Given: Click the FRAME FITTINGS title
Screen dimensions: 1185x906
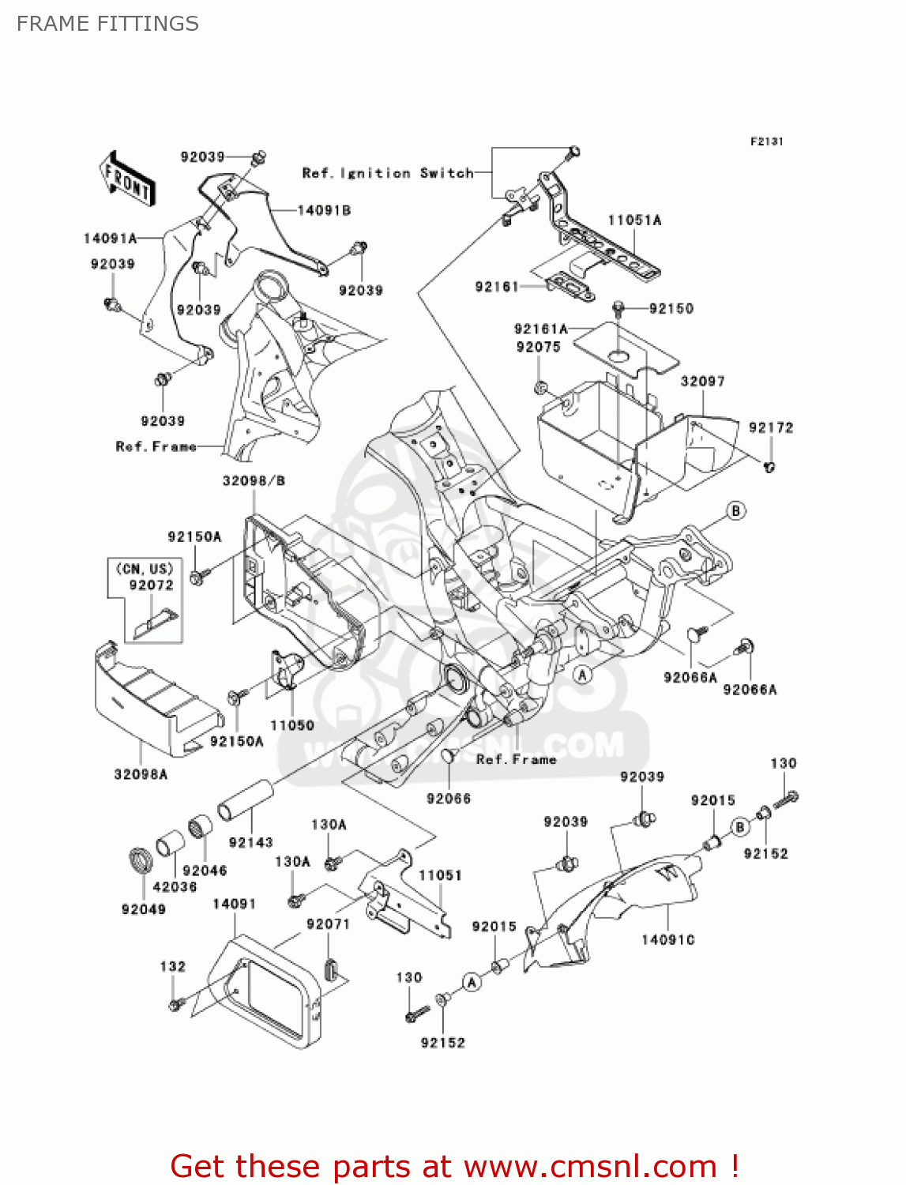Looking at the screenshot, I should [x=107, y=24].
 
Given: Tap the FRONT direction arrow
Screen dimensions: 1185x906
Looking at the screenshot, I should [x=127, y=180].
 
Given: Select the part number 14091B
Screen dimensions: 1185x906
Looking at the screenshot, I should [x=324, y=210].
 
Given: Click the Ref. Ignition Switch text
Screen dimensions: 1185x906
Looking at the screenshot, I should [x=388, y=173].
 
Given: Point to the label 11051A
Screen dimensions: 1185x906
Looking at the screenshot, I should [x=634, y=220].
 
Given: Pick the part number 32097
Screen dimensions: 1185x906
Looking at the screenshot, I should [x=702, y=382].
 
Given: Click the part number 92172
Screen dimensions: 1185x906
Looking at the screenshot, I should [x=770, y=427].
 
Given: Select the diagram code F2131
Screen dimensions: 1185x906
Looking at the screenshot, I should [x=766, y=141].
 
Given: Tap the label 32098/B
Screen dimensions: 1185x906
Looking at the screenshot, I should [x=254, y=480].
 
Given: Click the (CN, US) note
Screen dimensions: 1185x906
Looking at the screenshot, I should [x=145, y=569].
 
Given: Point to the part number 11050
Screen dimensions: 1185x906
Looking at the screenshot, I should [x=291, y=725].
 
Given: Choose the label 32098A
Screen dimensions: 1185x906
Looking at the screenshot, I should [x=141, y=774].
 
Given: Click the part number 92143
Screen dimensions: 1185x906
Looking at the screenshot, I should [x=250, y=842].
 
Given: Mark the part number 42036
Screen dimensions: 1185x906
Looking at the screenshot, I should [x=175, y=886].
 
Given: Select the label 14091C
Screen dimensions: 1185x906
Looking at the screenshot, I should [x=667, y=939].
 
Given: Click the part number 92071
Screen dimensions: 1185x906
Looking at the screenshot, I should [x=328, y=924].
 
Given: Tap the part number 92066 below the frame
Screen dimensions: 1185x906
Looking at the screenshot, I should [x=448, y=799].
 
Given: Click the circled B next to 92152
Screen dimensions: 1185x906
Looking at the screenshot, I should [x=740, y=827].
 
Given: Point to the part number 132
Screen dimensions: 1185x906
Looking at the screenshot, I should [x=172, y=966].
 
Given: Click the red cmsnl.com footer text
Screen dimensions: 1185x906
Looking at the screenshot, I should [x=454, y=1166].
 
